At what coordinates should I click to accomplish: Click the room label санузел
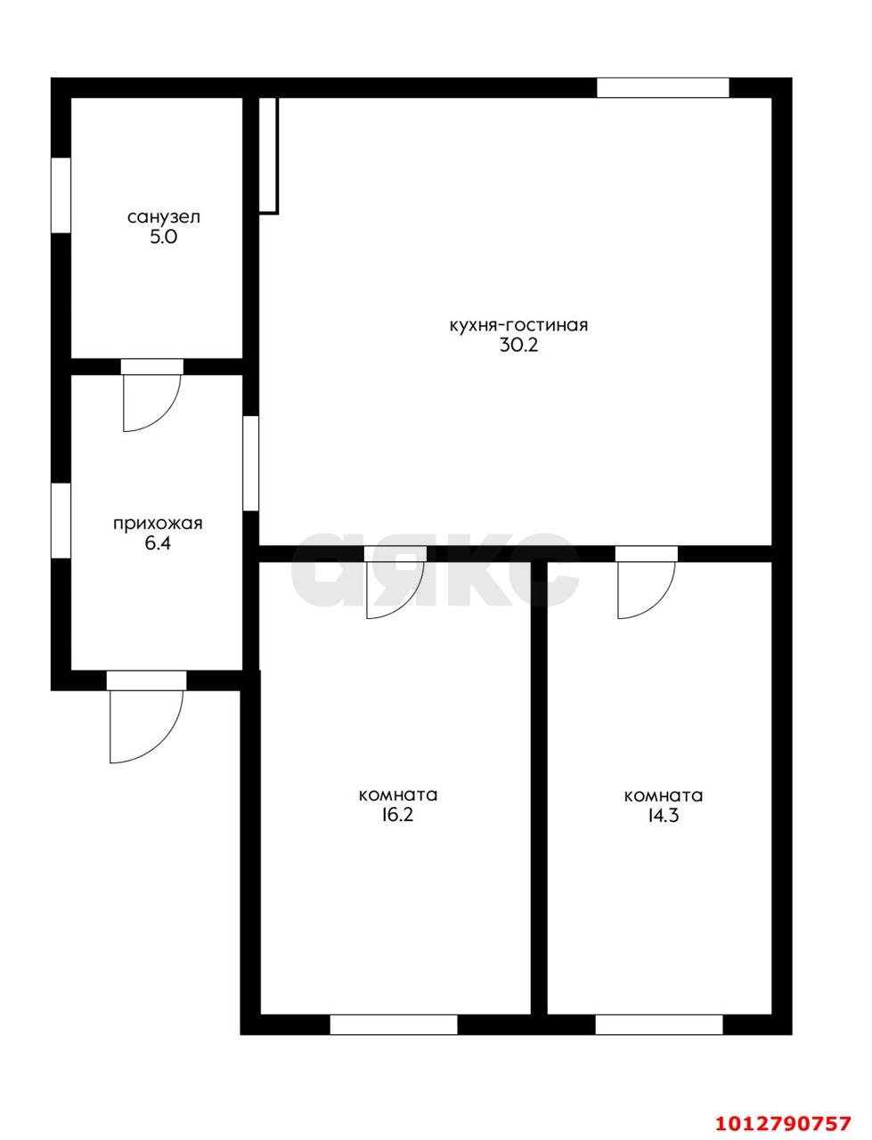[164, 216]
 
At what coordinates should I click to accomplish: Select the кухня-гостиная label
[518, 325]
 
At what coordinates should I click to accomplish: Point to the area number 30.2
[518, 346]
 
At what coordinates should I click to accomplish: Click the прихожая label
[158, 524]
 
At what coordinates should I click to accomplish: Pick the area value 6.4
[158, 543]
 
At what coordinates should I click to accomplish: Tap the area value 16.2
[397, 815]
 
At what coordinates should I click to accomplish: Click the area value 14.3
[663, 815]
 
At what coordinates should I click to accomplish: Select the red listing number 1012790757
[784, 1122]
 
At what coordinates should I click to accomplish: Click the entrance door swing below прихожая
[143, 721]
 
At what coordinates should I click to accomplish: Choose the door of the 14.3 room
[644, 586]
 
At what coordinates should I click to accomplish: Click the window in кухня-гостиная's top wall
[663, 87]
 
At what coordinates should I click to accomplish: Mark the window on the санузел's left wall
[61, 195]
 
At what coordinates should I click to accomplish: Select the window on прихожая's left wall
[61, 520]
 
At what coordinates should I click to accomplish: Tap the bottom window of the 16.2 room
[394, 1024]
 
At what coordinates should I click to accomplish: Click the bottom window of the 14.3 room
[659, 1024]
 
